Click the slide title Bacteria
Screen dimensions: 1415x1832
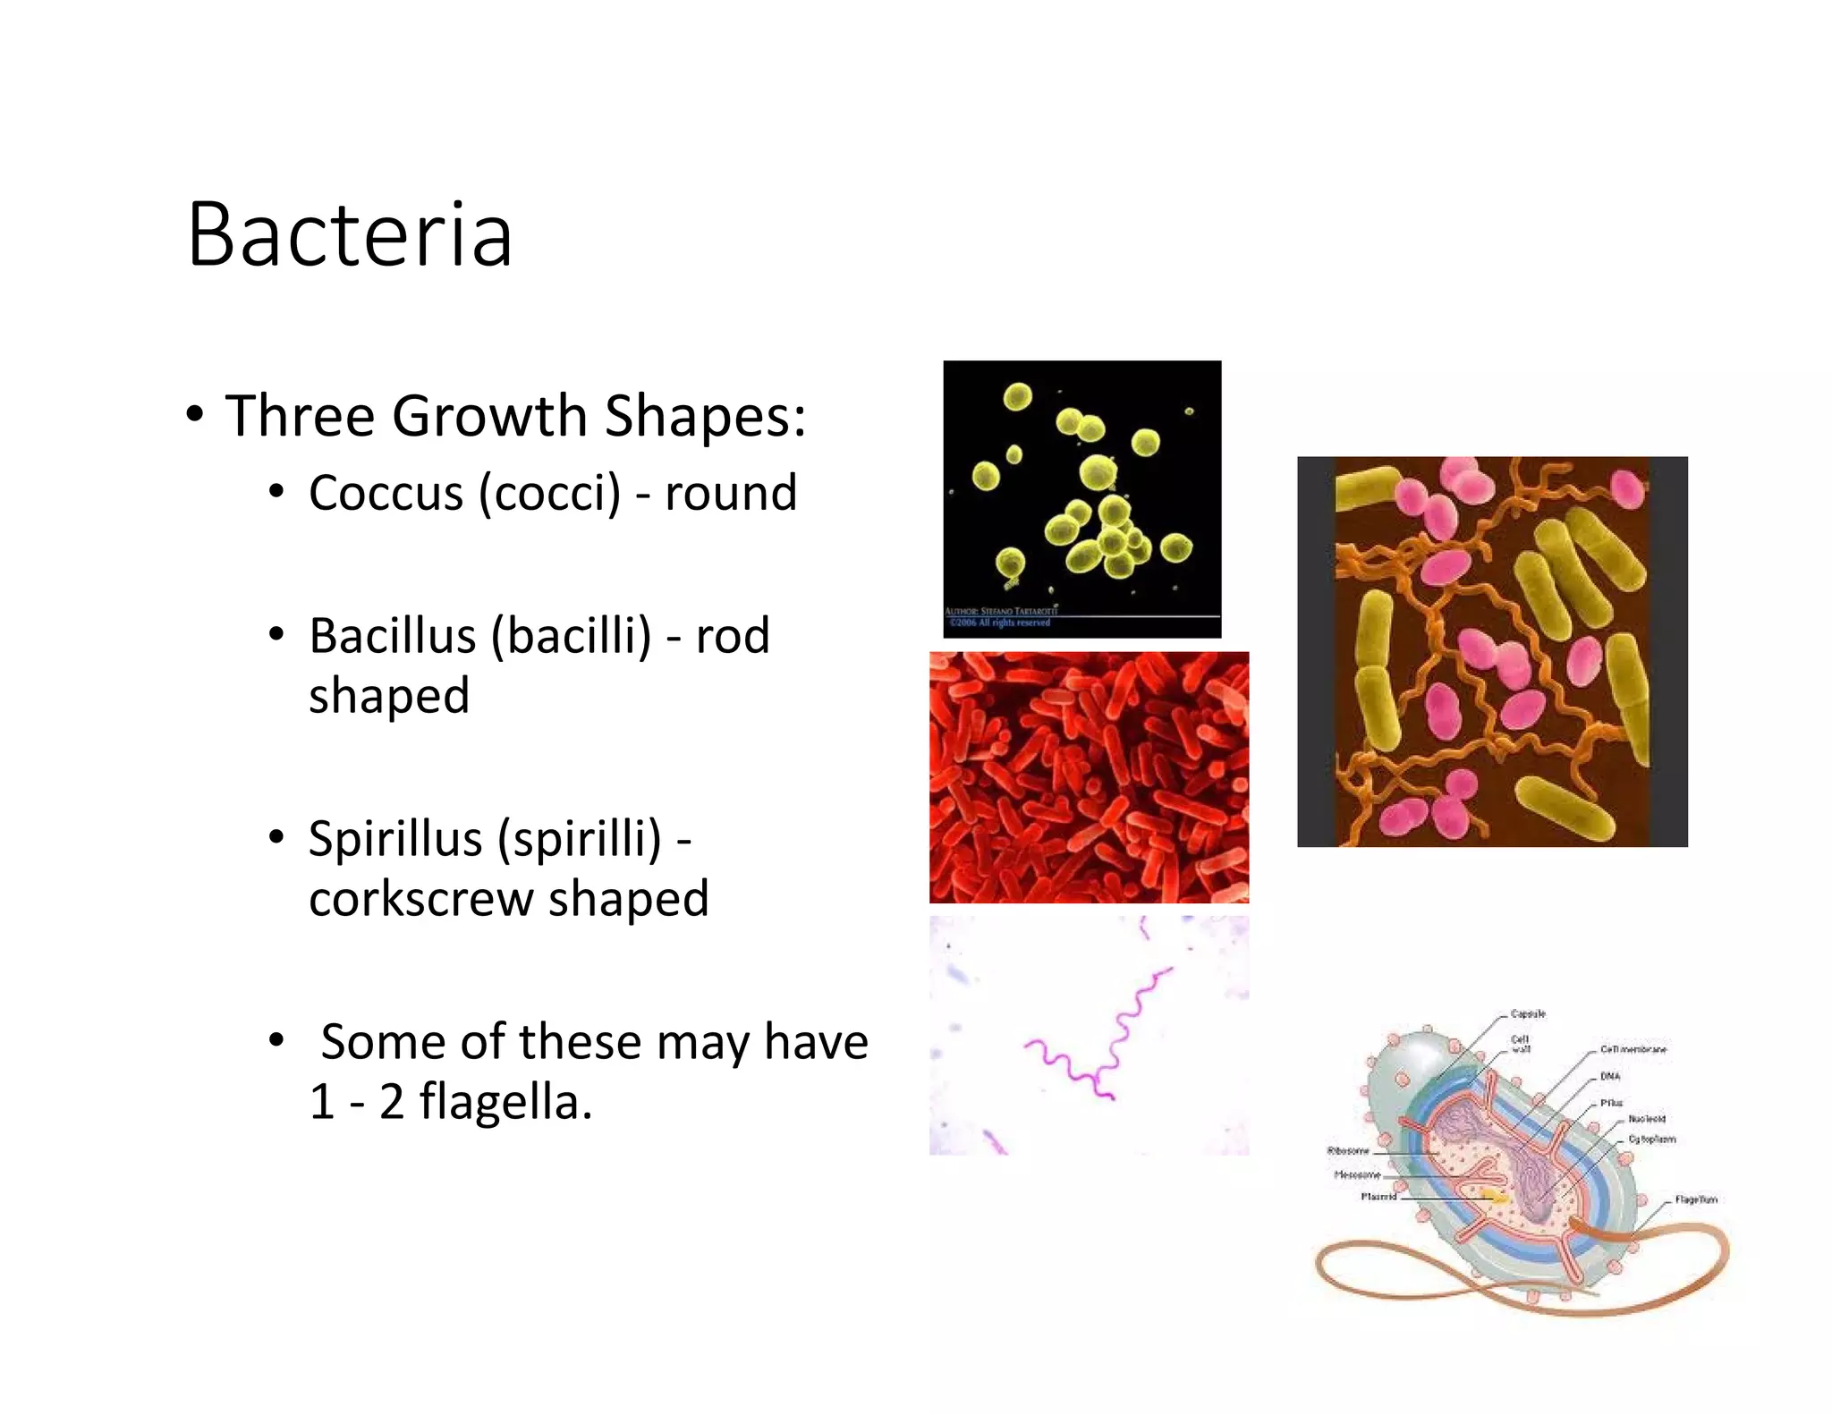pos(349,234)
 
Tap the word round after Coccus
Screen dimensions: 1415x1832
pos(730,493)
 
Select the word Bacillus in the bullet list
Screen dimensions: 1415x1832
pos(392,636)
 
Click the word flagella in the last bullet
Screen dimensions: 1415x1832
pos(505,1101)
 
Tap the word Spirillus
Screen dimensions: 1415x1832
pos(395,839)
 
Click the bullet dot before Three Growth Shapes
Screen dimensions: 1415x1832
pos(194,415)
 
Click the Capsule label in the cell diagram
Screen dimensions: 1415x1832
pos(1527,1013)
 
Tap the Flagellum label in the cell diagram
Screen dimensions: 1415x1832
pos(1694,1199)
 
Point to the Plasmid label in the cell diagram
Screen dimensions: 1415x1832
pos(1378,1196)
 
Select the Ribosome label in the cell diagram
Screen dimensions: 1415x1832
pos(1347,1150)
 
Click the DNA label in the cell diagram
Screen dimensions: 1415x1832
pos(1609,1076)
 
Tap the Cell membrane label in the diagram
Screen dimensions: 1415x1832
pos(1633,1049)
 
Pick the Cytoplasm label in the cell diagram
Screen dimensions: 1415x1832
pos(1651,1139)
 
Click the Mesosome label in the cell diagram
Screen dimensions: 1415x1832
pos(1357,1174)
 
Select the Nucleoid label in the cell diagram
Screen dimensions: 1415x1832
pos(1646,1118)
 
